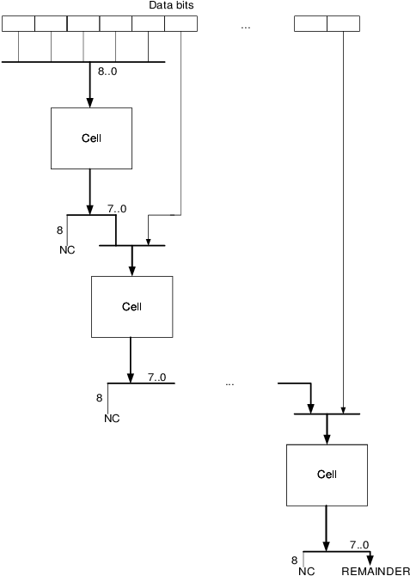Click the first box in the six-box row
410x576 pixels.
tap(18, 23)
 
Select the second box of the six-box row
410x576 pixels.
tap(51, 23)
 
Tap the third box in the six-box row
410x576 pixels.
tap(83, 23)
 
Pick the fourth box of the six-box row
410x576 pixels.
tap(116, 23)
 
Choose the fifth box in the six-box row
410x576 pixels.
tap(148, 23)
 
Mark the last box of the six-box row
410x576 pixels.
tap(181, 23)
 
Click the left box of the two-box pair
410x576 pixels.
tap(310, 23)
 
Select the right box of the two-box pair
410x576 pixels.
tap(343, 23)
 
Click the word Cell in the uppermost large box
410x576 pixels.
tap(91, 138)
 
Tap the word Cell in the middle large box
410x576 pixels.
tap(132, 307)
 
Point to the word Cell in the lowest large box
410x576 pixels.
tap(327, 475)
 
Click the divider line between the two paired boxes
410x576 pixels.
tap(327, 23)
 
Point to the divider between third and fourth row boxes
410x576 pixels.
tap(100, 23)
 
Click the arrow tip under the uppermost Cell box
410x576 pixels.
tap(90, 168)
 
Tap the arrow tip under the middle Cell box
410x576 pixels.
tap(131, 336)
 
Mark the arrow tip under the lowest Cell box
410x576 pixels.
tap(326, 505)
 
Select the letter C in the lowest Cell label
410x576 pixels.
tap(321, 475)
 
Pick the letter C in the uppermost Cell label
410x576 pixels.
tap(85, 138)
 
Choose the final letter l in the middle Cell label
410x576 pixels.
tap(140, 307)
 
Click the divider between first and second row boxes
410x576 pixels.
tap(34, 23)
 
